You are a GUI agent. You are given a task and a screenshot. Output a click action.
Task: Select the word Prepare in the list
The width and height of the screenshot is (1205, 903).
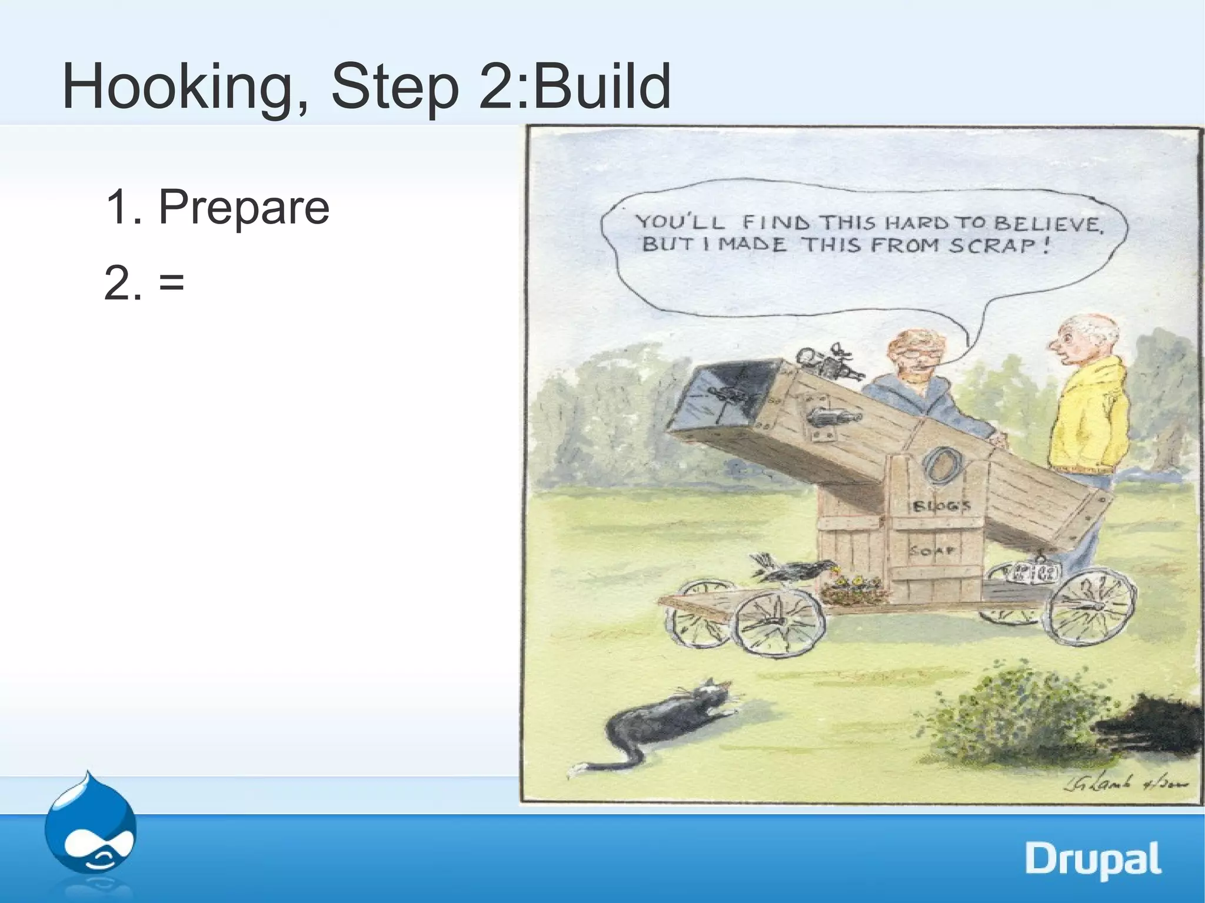244,207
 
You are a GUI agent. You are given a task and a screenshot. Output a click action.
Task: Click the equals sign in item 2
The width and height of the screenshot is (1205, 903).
171,283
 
